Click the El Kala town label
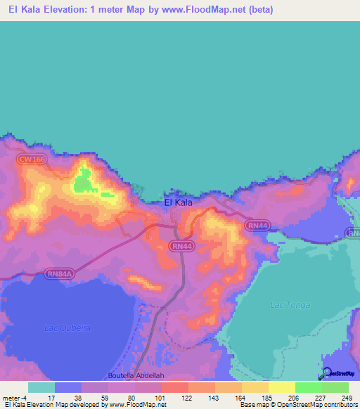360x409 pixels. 178,202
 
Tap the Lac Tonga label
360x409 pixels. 286,305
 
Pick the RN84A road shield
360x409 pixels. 60,273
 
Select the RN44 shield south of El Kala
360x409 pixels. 181,246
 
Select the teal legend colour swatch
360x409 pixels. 41,387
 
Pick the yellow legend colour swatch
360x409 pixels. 282,387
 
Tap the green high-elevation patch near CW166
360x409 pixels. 84,181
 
